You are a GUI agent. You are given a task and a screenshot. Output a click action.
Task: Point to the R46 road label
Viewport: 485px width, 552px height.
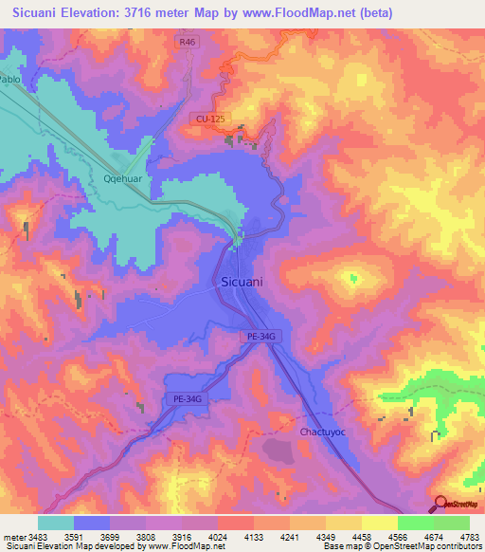[x=187, y=43]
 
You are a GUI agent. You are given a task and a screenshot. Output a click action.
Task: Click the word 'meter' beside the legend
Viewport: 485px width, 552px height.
[x=15, y=537]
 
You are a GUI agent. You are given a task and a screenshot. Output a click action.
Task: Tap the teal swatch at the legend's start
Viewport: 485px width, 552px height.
[x=55, y=523]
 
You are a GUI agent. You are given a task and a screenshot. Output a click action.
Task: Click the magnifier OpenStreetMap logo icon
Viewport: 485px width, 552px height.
[x=440, y=504]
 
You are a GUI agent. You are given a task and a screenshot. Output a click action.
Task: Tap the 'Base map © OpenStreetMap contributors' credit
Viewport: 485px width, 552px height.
[x=402, y=546]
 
